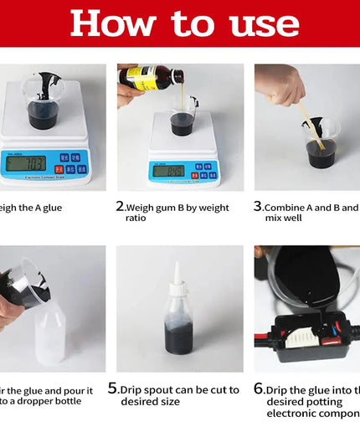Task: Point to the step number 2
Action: tap(120, 205)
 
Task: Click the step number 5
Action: tap(113, 388)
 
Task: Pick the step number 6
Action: tap(259, 388)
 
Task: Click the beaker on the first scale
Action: tap(42, 103)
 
